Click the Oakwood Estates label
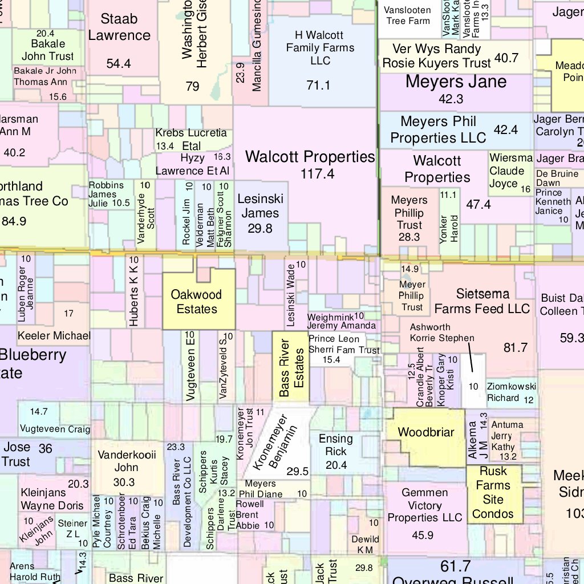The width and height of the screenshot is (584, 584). [197, 302]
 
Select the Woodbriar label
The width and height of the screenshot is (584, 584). [425, 432]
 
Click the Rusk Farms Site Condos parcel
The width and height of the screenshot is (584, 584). [493, 492]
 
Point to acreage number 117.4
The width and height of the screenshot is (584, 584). [317, 174]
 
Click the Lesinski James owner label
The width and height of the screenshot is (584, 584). [260, 206]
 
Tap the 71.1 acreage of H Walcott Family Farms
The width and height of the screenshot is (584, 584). [318, 86]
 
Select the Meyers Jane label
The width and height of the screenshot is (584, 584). [456, 82]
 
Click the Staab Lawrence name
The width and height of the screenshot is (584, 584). [119, 27]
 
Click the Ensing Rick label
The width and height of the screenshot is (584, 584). [336, 445]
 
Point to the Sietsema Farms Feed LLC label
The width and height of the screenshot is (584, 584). [482, 301]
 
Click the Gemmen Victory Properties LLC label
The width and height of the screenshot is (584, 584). [425, 505]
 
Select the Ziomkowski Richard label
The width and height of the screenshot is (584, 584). [511, 392]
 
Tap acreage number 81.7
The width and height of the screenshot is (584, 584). [516, 347]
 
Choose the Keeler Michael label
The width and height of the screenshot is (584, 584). [54, 335]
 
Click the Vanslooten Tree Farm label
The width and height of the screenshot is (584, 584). [408, 15]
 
